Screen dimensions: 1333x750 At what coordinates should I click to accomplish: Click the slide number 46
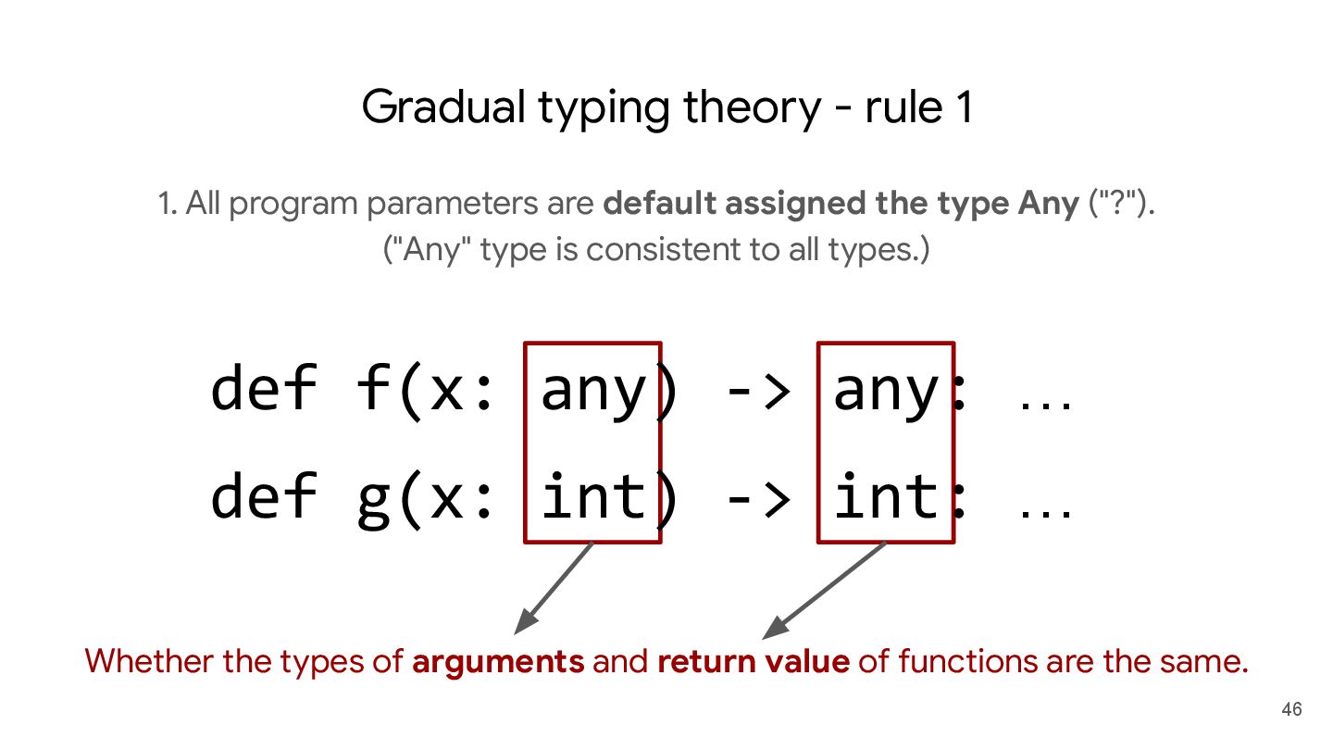pyautogui.click(x=1291, y=710)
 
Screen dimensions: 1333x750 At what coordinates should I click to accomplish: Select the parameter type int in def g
pyautogui.click(x=592, y=496)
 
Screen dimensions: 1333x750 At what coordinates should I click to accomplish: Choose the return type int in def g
pyautogui.click(x=885, y=496)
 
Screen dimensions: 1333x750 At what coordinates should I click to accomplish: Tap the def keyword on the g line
pyautogui.click(x=264, y=496)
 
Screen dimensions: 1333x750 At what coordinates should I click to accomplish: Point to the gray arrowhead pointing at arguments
pyautogui.click(x=523, y=623)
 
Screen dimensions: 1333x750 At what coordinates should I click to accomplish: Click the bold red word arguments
pyautogui.click(x=498, y=661)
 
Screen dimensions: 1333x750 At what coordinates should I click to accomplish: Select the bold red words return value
pyautogui.click(x=753, y=661)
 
